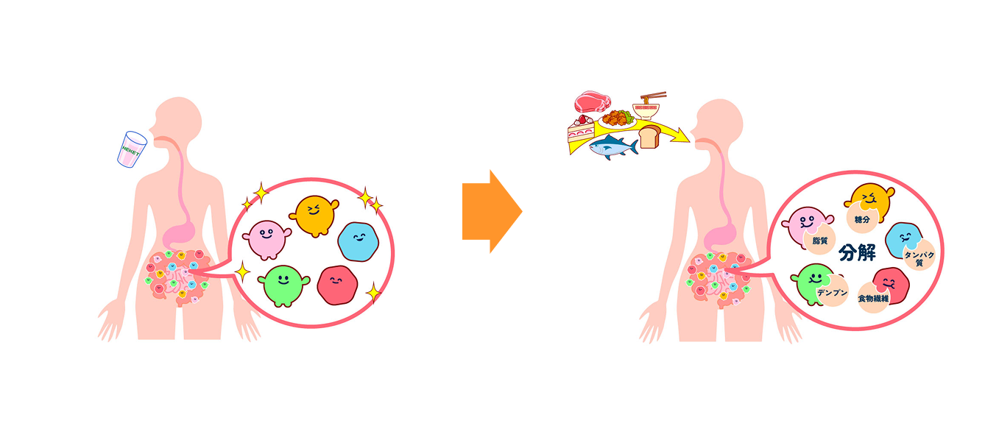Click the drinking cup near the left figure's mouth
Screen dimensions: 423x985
coord(133,149)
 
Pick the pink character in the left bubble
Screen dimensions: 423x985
coord(266,238)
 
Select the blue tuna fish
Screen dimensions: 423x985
coord(611,148)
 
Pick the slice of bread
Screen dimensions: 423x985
coord(649,136)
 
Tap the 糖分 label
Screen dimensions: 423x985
coord(863,219)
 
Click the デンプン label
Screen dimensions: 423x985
coord(832,292)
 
